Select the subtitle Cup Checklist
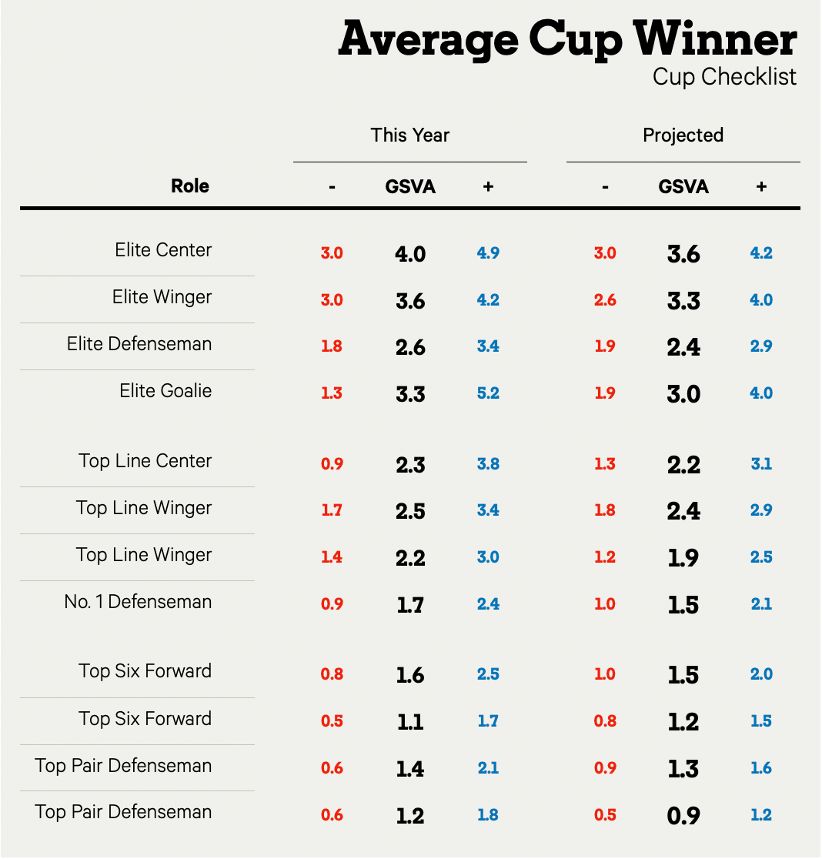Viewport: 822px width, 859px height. (724, 77)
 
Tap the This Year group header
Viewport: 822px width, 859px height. (409, 135)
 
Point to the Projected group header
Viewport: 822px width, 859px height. (683, 135)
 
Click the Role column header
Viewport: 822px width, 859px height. (190, 186)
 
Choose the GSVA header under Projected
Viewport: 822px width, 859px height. (683, 186)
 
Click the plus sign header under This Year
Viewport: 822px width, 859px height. (488, 186)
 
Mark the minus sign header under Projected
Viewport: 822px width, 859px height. (605, 186)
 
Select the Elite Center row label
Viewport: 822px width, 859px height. (163, 250)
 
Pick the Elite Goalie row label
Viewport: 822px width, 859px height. (165, 391)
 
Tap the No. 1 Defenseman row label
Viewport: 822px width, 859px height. (138, 602)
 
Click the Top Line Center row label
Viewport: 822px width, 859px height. (145, 461)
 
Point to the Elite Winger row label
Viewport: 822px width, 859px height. (162, 297)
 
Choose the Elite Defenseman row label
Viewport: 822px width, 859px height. (139, 344)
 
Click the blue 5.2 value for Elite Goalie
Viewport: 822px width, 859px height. (488, 393)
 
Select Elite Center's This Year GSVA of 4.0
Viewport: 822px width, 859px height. (410, 254)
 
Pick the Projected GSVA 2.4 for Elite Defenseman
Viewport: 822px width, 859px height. (683, 347)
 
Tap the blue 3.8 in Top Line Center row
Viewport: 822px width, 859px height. (488, 464)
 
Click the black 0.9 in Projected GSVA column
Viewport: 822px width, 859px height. (683, 815)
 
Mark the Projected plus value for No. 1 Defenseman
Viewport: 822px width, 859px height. (761, 605)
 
